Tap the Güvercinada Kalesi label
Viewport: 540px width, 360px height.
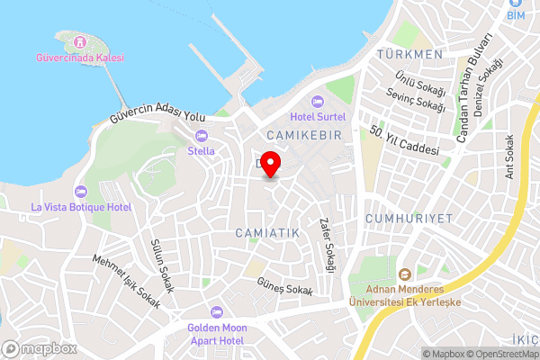pyautogui.click(x=80, y=58)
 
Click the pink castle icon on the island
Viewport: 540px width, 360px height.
pyautogui.click(x=80, y=41)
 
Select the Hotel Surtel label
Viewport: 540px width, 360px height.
pyautogui.click(x=316, y=116)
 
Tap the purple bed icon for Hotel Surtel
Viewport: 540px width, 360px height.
pyautogui.click(x=316, y=101)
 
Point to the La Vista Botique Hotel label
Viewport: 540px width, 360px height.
pyautogui.click(x=81, y=207)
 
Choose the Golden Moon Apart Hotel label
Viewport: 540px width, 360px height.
pyautogui.click(x=216, y=334)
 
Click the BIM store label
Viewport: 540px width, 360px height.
pyautogui.click(x=515, y=15)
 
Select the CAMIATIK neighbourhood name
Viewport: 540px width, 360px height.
pyautogui.click(x=265, y=233)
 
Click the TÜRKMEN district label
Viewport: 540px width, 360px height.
pyautogui.click(x=410, y=54)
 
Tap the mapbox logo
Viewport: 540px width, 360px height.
pyautogui.click(x=39, y=348)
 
